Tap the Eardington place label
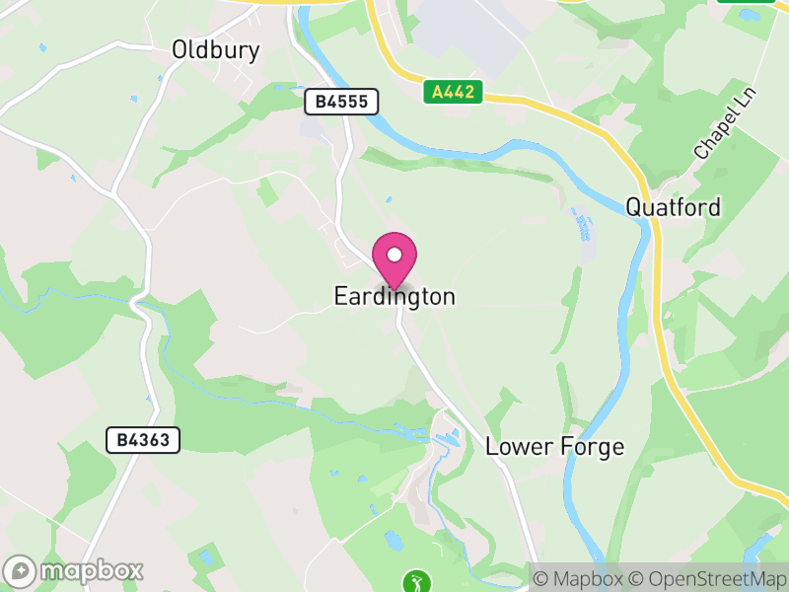tap(394, 296)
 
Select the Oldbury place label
tap(215, 49)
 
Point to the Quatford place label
tap(673, 207)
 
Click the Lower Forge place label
tap(554, 447)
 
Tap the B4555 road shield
tap(341, 102)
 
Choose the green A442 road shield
tap(455, 93)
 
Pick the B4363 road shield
tap(143, 440)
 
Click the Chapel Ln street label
tap(722, 129)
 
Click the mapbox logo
tap(74, 570)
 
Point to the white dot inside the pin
tap(394, 255)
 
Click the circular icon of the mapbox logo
tap(21, 570)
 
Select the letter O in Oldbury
tap(180, 49)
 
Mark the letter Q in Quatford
tap(635, 207)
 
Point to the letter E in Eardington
tap(340, 296)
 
